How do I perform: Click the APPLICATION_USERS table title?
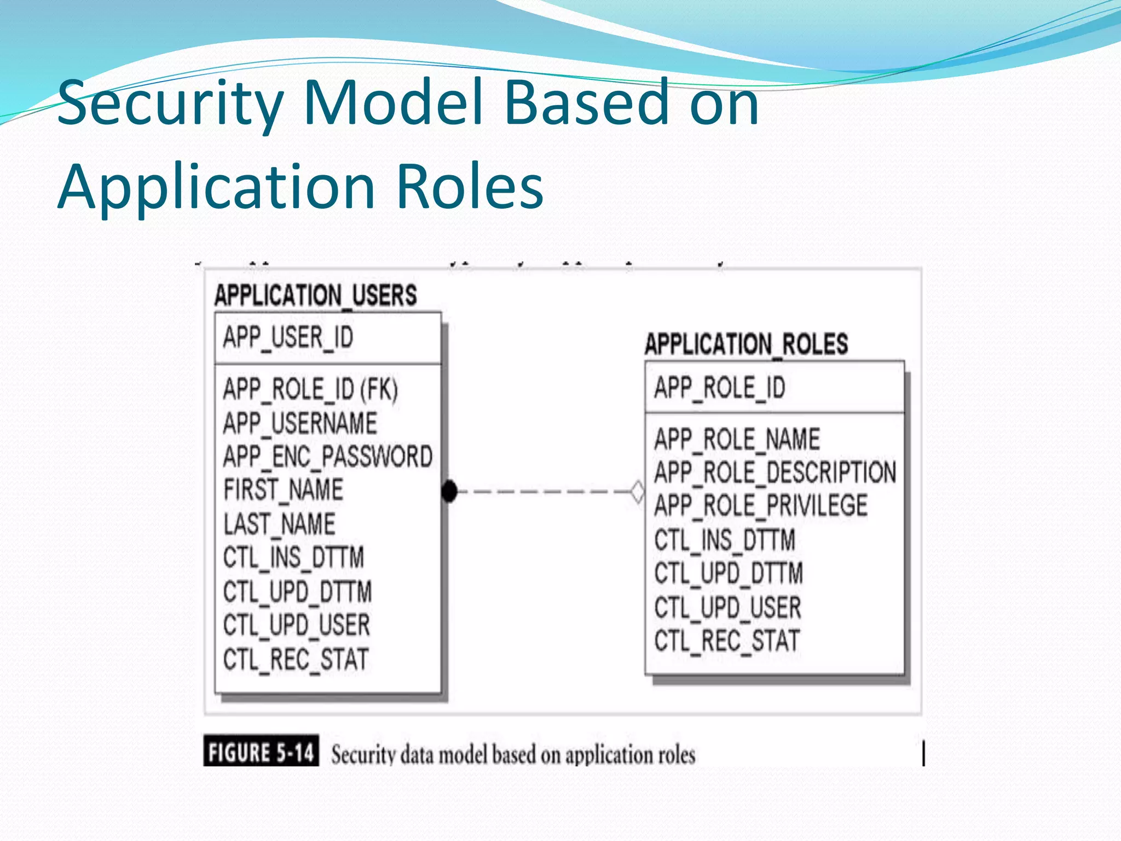(x=315, y=296)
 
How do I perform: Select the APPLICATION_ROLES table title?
(x=746, y=344)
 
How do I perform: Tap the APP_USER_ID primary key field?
(x=288, y=337)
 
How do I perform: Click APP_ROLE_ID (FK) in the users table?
(x=310, y=389)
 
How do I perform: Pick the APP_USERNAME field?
(x=300, y=423)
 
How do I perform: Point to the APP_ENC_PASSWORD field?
(x=327, y=457)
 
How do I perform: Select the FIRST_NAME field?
(x=283, y=489)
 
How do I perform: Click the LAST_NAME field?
(x=279, y=524)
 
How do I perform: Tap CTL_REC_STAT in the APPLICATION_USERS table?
(x=296, y=659)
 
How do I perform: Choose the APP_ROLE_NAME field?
(x=737, y=439)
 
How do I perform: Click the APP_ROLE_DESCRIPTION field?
(x=775, y=473)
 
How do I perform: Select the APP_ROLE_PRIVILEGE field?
(x=761, y=505)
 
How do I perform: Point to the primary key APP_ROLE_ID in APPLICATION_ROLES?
(x=719, y=388)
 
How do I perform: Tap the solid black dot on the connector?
(x=449, y=491)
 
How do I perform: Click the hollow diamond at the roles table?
(x=638, y=491)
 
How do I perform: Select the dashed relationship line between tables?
(x=542, y=491)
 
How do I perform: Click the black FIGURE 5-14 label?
(x=261, y=752)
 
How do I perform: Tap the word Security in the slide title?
(x=170, y=103)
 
